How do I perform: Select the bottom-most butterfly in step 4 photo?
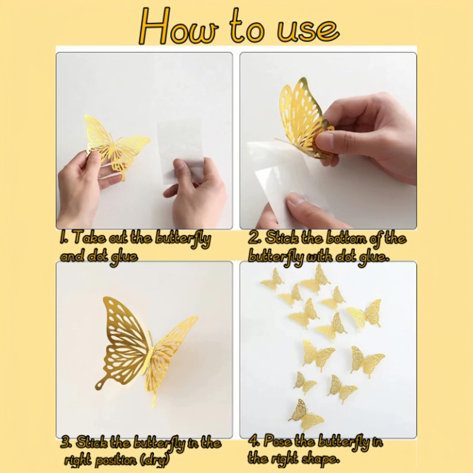[304, 415]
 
